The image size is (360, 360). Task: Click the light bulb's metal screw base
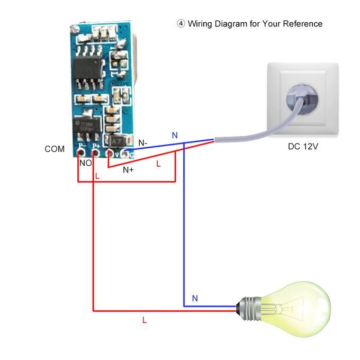click(x=248, y=307)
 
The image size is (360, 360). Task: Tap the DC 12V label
click(x=303, y=146)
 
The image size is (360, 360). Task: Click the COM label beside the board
click(x=55, y=149)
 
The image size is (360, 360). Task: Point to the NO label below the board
click(x=85, y=163)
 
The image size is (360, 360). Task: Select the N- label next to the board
click(x=143, y=143)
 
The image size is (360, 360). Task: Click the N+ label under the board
click(x=128, y=170)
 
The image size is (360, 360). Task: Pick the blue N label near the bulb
click(x=195, y=299)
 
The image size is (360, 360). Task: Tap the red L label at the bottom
click(x=145, y=320)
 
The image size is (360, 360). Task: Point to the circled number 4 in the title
click(x=181, y=24)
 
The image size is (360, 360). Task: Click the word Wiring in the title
click(x=201, y=24)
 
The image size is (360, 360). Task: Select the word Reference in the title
click(x=302, y=24)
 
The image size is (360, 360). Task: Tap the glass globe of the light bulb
click(x=303, y=308)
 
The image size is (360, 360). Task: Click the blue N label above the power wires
click(x=175, y=136)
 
